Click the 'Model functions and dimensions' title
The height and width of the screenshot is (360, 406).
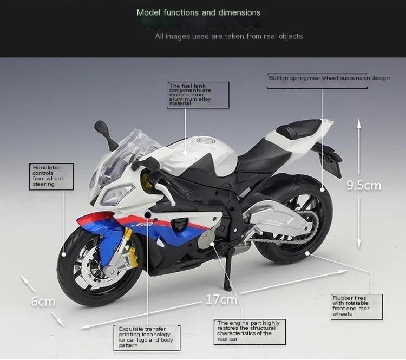coord(198,12)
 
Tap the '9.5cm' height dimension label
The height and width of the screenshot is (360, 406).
coord(363,186)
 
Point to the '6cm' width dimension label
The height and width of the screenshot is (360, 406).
coord(43,302)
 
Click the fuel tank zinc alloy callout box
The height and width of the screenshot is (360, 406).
coord(198,95)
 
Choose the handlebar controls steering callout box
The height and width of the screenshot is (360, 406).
coord(51,176)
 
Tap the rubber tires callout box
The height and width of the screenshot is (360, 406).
coord(357,306)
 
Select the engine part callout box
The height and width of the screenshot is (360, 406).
coord(250,332)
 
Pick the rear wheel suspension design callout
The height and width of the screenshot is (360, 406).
coord(329,78)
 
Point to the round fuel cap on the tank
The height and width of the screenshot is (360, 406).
coord(205,141)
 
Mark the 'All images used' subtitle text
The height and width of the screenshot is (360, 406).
coord(228,36)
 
